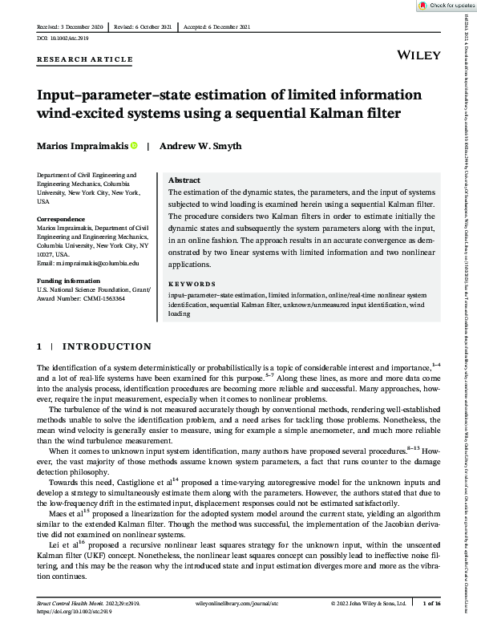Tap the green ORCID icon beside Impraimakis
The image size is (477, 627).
coord(135,146)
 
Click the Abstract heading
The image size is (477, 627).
coord(184,180)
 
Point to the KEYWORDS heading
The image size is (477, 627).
coord(192,284)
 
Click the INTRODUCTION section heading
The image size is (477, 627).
coord(107,346)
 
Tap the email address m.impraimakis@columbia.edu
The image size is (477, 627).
coord(88,263)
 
